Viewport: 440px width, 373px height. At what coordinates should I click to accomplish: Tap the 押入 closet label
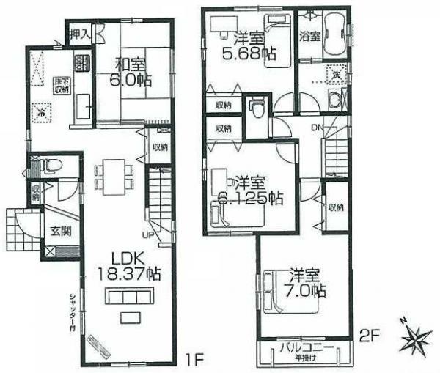[x=79, y=33]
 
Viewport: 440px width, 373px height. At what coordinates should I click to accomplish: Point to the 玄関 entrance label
[x=60, y=231]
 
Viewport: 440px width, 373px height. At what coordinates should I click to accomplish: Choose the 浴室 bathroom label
[x=309, y=35]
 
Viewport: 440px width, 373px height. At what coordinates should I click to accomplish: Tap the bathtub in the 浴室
[x=335, y=33]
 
